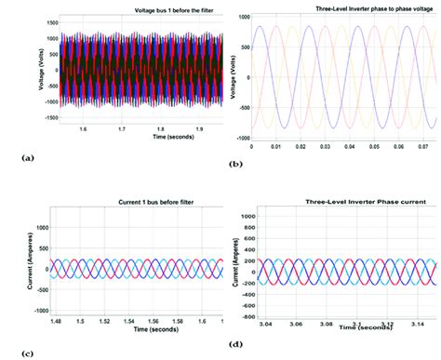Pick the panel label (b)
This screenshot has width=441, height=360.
[235, 163]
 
